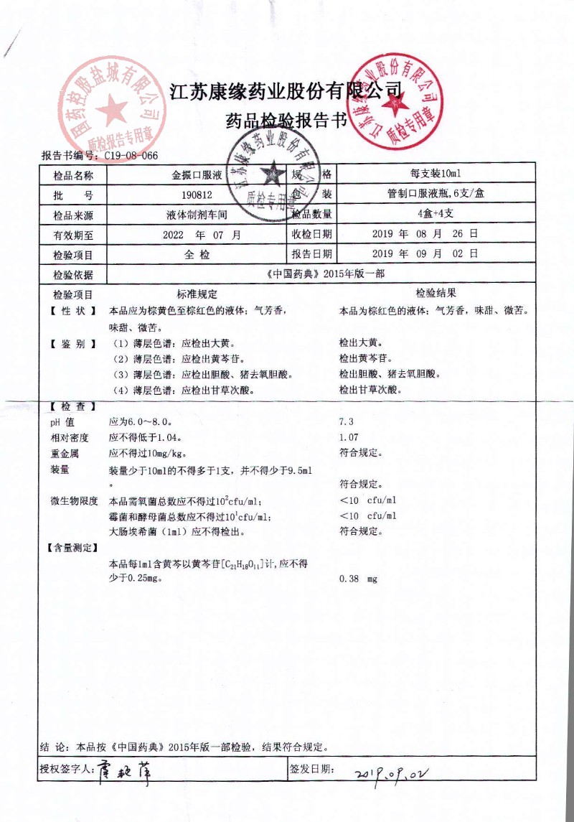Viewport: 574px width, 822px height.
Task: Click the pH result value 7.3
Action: tap(347, 421)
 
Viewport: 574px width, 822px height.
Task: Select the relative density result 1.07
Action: tap(349, 437)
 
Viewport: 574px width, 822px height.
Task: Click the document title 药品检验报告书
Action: tap(286, 121)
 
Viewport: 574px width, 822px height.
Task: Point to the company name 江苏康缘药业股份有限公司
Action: tap(286, 90)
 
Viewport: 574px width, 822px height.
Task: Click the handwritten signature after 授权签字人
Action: tap(125, 771)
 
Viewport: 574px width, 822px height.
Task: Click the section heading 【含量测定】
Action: tap(72, 548)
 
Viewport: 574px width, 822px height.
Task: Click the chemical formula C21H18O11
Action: tap(240, 565)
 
